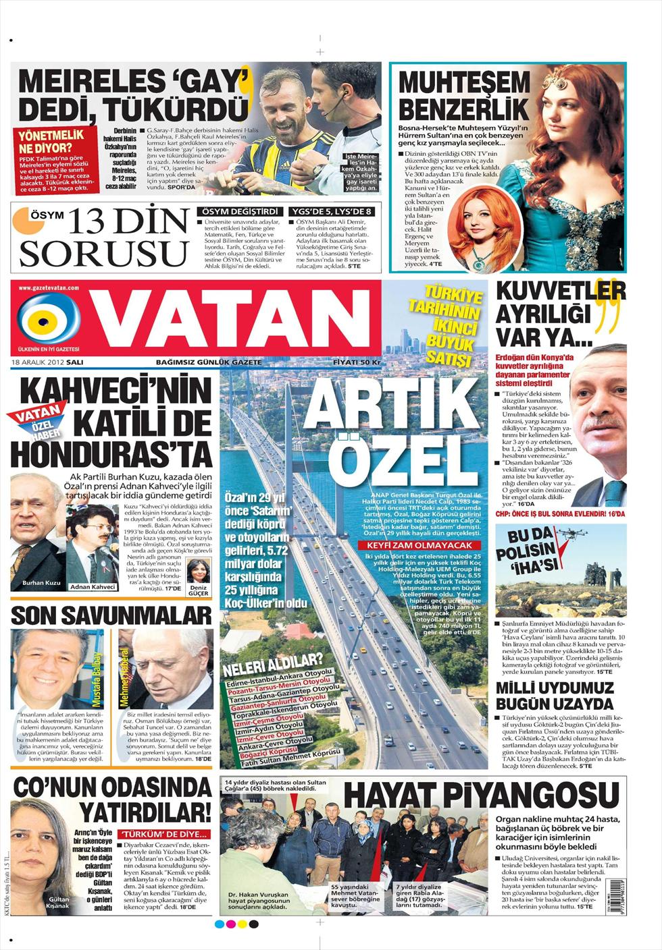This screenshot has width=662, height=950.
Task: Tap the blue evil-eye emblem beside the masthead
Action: pos(45,318)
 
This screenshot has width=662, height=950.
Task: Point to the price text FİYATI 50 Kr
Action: pos(357,362)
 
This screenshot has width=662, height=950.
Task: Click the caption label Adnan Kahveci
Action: pos(93,587)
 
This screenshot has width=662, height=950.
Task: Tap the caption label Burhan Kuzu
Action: pos(42,582)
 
